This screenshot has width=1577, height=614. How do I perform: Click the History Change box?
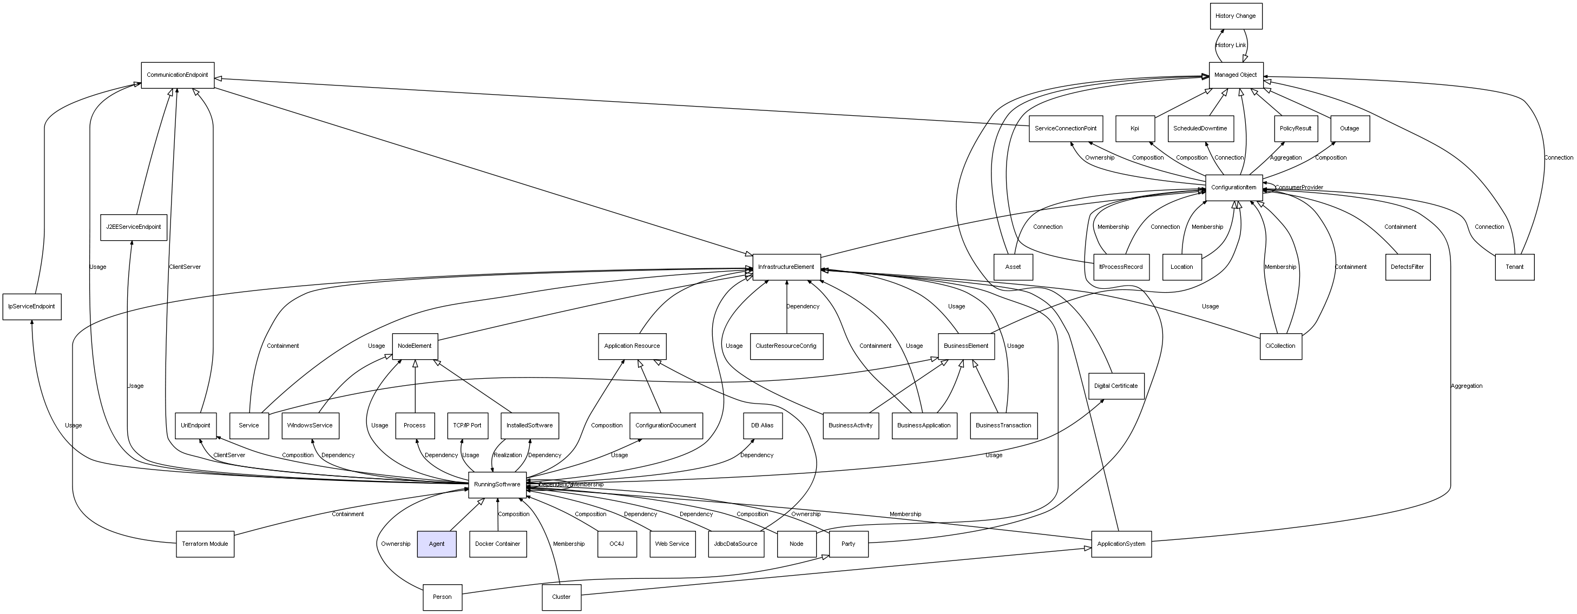(1236, 16)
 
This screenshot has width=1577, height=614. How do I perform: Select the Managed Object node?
(1236, 75)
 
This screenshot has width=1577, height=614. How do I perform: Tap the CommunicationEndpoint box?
(178, 75)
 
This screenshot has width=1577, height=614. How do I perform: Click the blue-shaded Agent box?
(437, 544)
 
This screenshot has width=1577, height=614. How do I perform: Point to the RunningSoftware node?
(497, 484)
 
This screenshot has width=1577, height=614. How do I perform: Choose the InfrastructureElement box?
(786, 267)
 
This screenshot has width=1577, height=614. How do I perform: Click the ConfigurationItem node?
(1233, 187)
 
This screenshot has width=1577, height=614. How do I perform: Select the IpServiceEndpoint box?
(32, 306)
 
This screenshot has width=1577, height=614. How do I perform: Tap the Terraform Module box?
(205, 544)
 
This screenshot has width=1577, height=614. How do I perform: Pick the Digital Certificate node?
(1116, 386)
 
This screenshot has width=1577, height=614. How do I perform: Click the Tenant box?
(1515, 267)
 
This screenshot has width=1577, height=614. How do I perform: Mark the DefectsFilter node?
(1408, 267)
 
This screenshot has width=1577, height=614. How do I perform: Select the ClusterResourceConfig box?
(786, 346)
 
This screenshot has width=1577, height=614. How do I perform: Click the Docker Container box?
(498, 544)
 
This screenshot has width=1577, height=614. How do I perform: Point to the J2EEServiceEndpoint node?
(134, 227)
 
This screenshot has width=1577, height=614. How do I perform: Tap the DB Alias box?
(762, 425)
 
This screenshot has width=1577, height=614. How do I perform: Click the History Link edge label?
(1231, 45)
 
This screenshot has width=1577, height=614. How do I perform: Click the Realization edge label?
(508, 455)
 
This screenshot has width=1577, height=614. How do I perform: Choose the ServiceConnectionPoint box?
(1066, 129)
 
